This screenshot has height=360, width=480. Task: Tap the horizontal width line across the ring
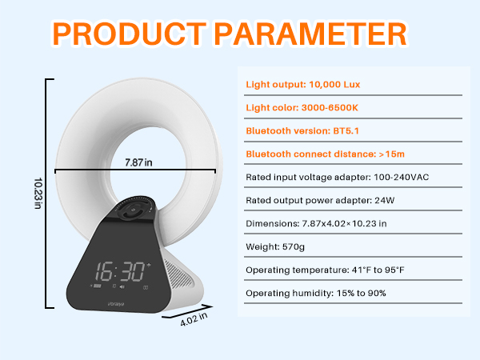pos(88,171)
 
